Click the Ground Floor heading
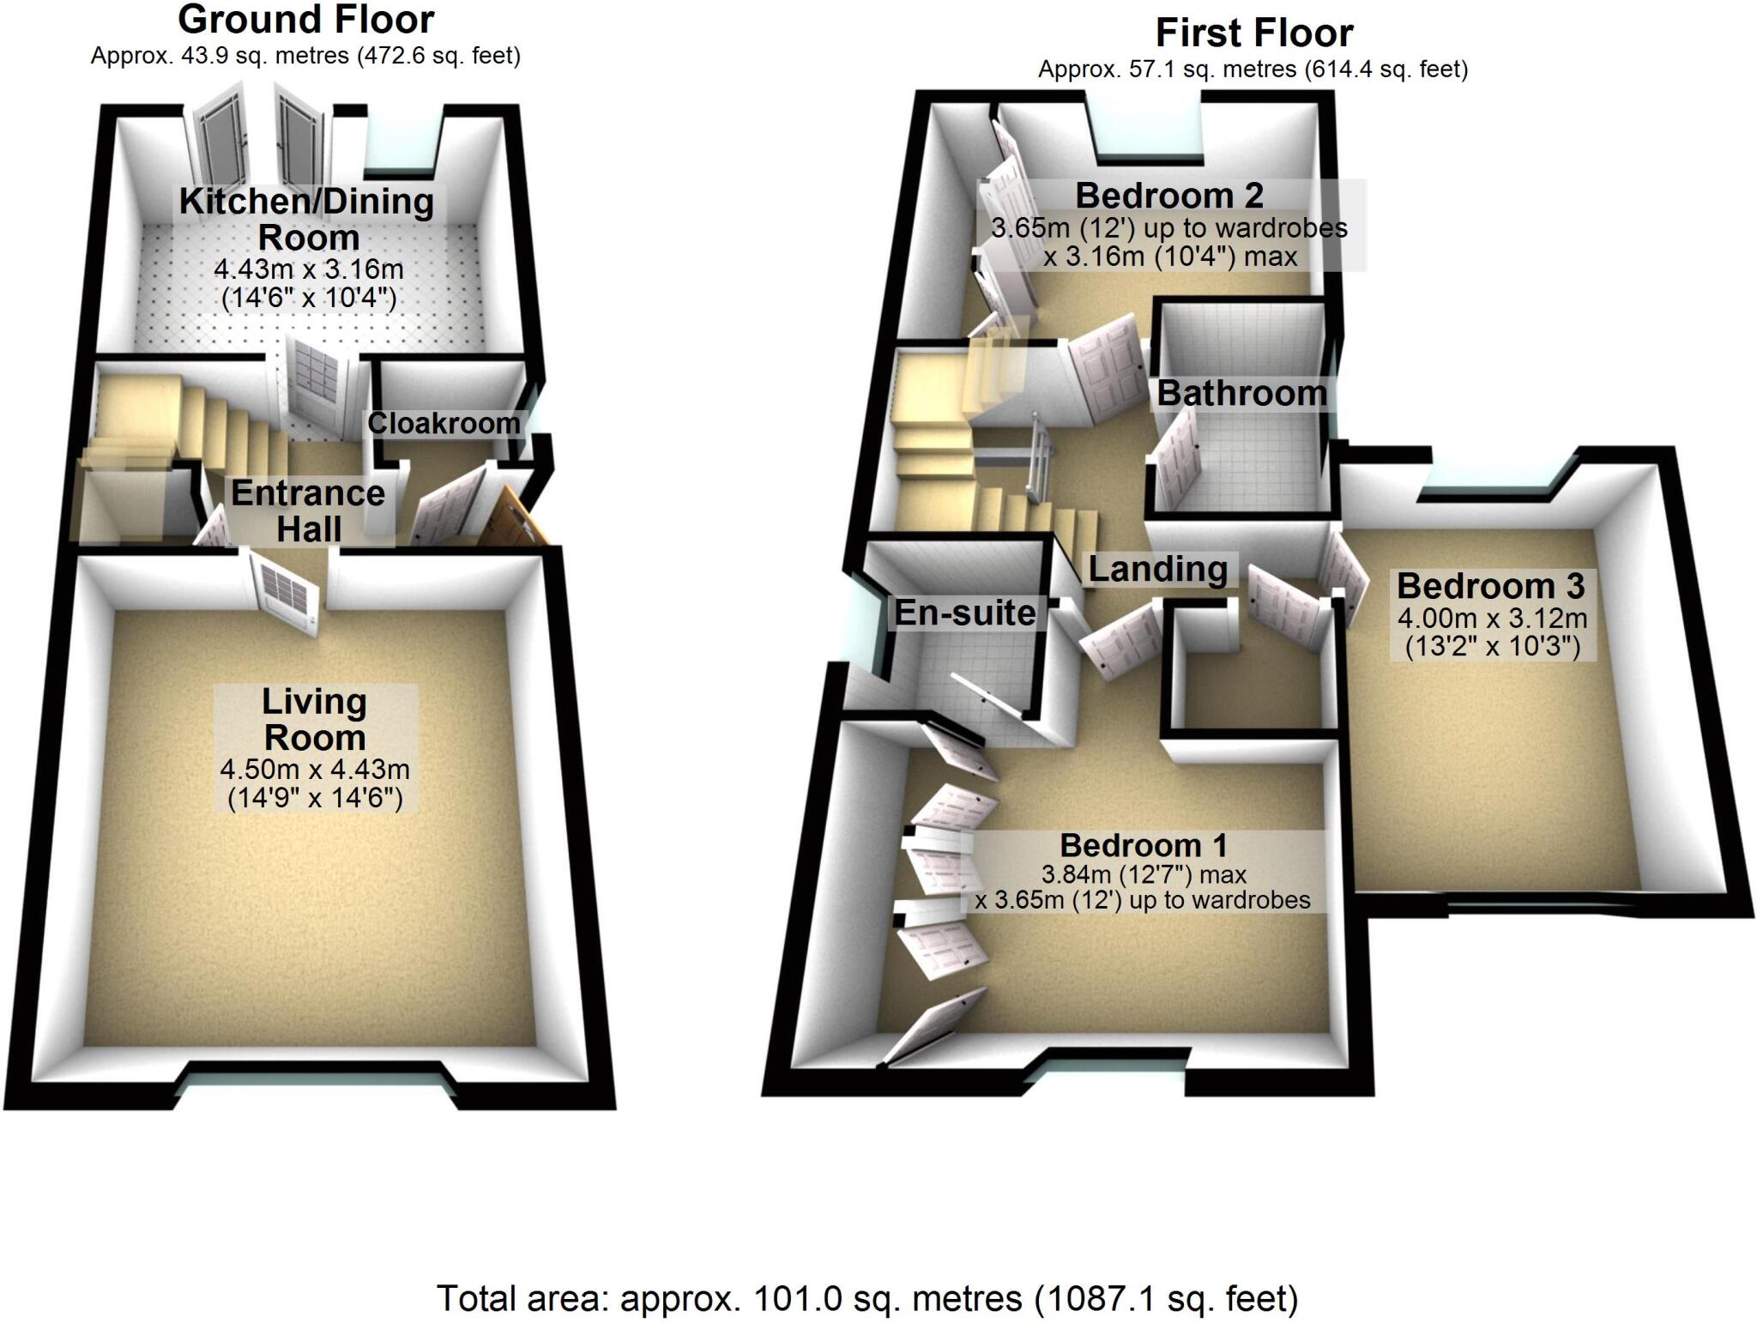click(306, 19)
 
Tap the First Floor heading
click(1253, 33)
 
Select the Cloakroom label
click(444, 423)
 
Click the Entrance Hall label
click(309, 510)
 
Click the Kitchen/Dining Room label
click(306, 219)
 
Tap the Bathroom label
click(1241, 394)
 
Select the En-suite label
click(965, 613)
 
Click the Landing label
click(1158, 569)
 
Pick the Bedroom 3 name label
click(1491, 586)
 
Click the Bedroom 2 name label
click(1169, 196)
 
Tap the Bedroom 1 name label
click(1144, 845)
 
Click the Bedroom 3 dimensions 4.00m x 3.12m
click(1493, 631)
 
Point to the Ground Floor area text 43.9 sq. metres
click(305, 57)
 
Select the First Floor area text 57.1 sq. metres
click(1253, 69)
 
